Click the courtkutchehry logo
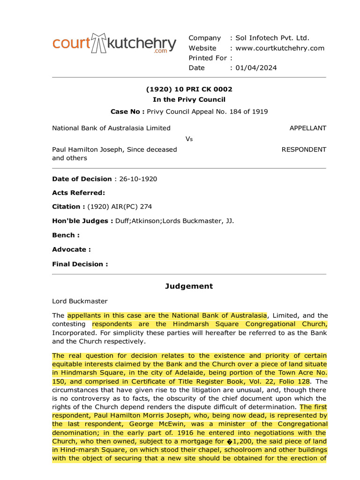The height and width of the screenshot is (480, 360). click(x=114, y=44)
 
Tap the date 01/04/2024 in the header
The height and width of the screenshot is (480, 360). click(x=256, y=67)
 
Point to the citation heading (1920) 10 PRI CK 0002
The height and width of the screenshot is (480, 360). click(x=189, y=89)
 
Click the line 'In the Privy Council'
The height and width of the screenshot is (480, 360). click(x=189, y=99)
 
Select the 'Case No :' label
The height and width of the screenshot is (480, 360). click(x=127, y=112)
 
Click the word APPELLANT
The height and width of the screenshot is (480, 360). click(x=307, y=128)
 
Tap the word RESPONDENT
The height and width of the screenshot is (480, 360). click(x=304, y=150)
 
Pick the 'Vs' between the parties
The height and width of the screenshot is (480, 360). click(x=189, y=139)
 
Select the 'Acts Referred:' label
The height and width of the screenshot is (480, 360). click(x=78, y=193)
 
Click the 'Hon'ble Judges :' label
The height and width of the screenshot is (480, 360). click(x=82, y=221)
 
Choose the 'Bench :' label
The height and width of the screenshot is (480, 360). click(x=66, y=235)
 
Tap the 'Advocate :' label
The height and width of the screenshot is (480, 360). click(x=71, y=249)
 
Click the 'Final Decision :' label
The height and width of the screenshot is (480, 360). click(x=80, y=264)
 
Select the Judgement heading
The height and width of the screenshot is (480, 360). click(x=189, y=286)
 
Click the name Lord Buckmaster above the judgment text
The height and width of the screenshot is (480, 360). click(x=80, y=301)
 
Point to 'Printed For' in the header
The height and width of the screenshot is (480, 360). click(x=208, y=58)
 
